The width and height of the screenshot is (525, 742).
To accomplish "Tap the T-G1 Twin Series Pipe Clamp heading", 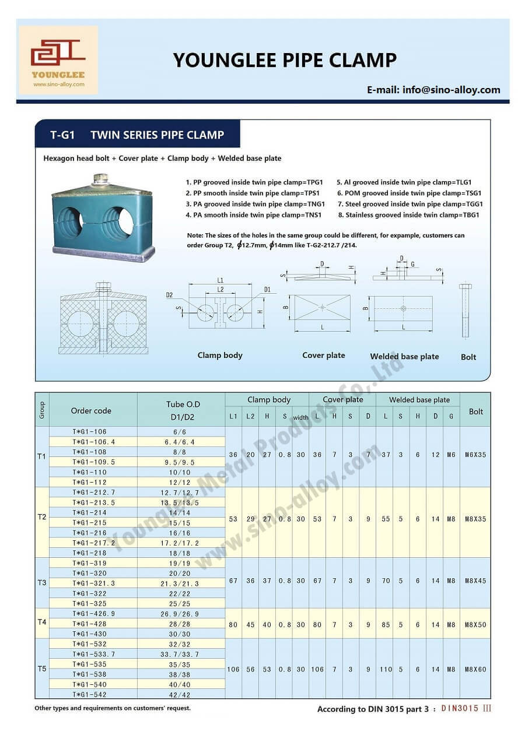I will click(137, 135).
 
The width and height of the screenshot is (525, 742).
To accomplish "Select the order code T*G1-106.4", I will click(93, 442).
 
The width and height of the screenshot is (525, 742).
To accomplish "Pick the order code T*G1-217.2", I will click(93, 543).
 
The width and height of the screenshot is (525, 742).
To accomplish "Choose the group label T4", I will click(42, 623).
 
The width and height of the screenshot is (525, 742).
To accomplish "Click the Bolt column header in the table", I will click(475, 411).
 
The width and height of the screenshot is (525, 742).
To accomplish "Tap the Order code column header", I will click(91, 410).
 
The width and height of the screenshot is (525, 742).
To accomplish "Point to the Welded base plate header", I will click(419, 400).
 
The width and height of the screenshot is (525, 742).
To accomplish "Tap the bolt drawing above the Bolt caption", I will click(465, 311).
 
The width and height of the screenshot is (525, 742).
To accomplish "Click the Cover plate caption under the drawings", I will click(323, 356).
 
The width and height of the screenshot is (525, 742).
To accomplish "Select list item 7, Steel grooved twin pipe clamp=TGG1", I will click(410, 204).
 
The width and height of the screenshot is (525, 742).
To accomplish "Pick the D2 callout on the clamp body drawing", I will click(169, 296).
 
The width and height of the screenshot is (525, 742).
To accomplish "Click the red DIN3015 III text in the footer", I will click(466, 708).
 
